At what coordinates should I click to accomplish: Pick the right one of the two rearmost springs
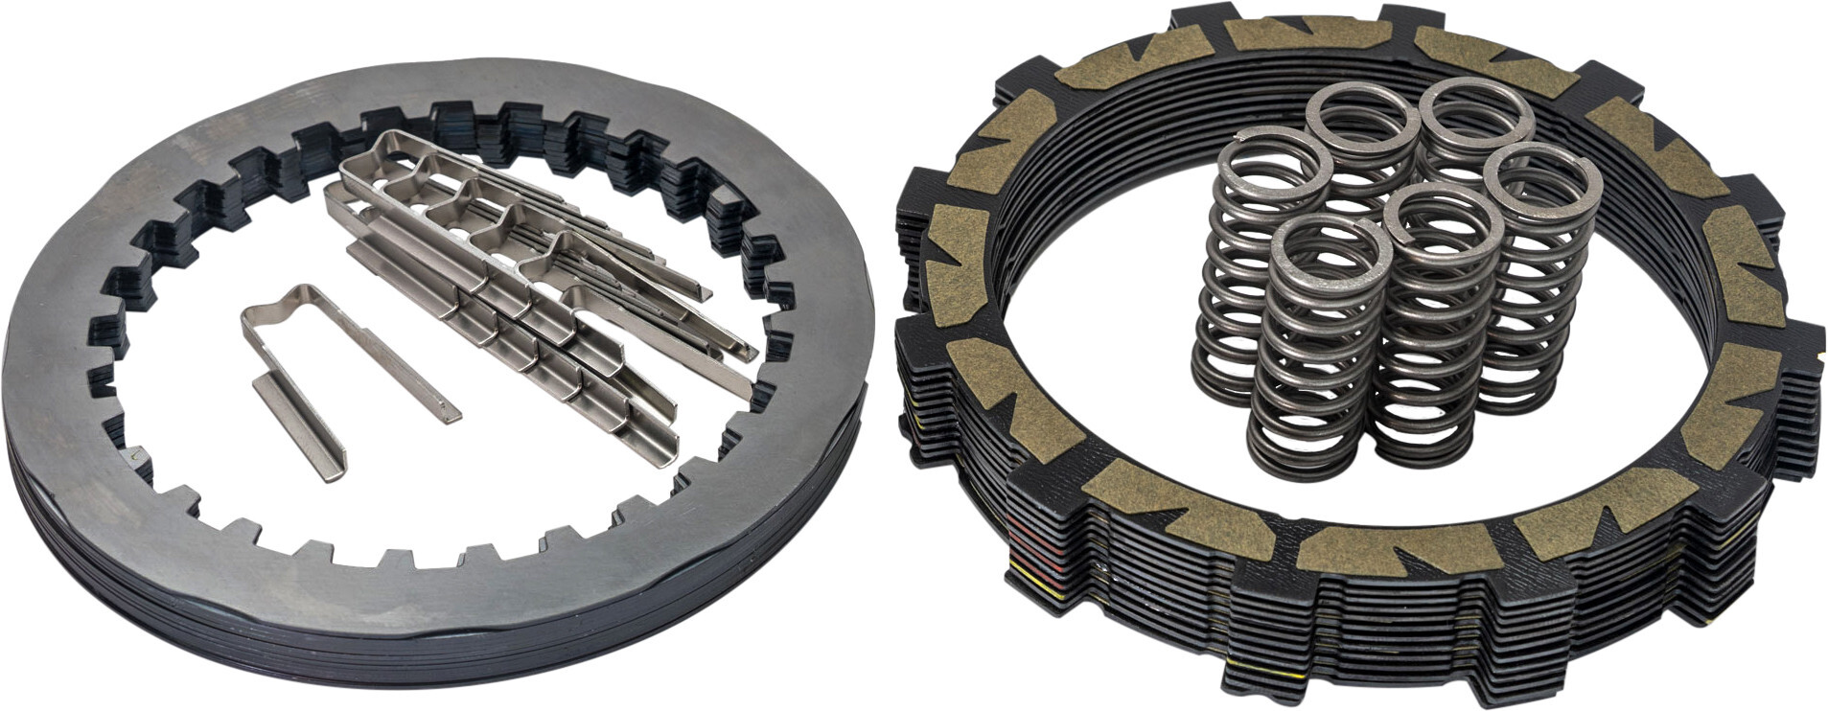[1474, 107]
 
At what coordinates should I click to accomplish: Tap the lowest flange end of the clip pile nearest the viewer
[661, 450]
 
